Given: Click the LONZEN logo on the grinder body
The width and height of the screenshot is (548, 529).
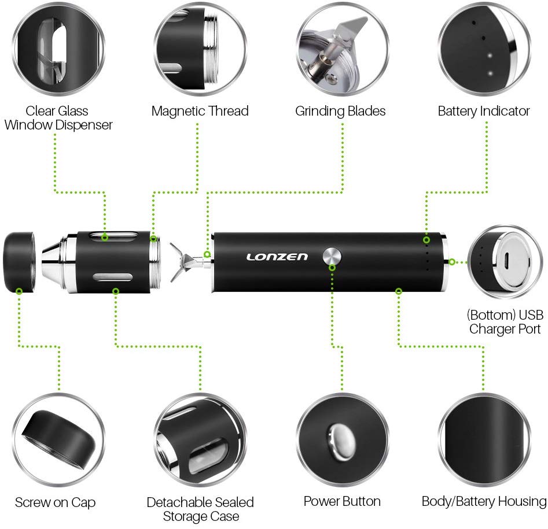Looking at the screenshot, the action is [x=277, y=257].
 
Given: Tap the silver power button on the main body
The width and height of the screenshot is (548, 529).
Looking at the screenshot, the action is [x=332, y=257].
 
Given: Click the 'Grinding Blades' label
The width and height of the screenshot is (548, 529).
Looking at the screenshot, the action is [x=340, y=112].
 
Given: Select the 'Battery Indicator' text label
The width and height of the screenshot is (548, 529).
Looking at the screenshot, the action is [x=484, y=111].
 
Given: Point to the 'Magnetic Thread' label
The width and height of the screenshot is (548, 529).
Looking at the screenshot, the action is [x=200, y=111].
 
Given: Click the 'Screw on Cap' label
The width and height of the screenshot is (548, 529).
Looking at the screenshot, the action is [x=55, y=502].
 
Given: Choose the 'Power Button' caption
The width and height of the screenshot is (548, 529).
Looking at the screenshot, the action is [x=342, y=501].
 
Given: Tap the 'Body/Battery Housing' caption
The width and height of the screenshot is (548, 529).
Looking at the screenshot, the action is [x=484, y=501].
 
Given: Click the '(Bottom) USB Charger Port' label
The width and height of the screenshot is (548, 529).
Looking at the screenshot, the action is [x=505, y=322].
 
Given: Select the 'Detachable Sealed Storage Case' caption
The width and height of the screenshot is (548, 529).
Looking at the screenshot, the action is [x=200, y=509].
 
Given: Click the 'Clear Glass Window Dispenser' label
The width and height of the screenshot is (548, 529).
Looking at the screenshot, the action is [x=58, y=118].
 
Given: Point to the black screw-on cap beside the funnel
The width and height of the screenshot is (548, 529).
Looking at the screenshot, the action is [x=19, y=262].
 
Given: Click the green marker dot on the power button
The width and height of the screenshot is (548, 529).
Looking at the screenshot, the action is [x=332, y=268].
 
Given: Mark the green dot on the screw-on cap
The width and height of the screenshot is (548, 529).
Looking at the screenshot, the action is [x=19, y=291].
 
